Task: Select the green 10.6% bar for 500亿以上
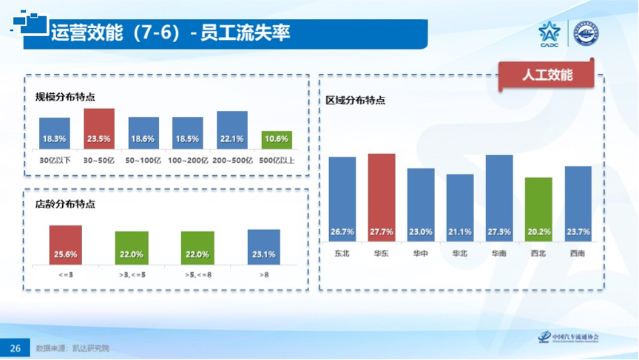pyautogui.click(x=276, y=139)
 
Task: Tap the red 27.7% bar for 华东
pyautogui.click(x=382, y=196)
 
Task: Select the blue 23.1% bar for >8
pyautogui.click(x=264, y=247)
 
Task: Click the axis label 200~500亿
pyautogui.click(x=231, y=159)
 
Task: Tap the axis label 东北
pyautogui.click(x=342, y=253)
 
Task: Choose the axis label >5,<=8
pyautogui.click(x=197, y=274)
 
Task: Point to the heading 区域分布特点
pyautogui.click(x=356, y=101)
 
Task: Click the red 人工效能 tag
pyautogui.click(x=547, y=75)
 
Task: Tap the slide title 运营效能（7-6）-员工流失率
pyautogui.click(x=170, y=33)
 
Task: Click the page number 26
pyautogui.click(x=16, y=347)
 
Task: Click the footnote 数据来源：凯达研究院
pyautogui.click(x=72, y=347)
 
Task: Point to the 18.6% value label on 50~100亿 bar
pyautogui.click(x=143, y=139)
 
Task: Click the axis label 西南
pyautogui.click(x=578, y=253)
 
